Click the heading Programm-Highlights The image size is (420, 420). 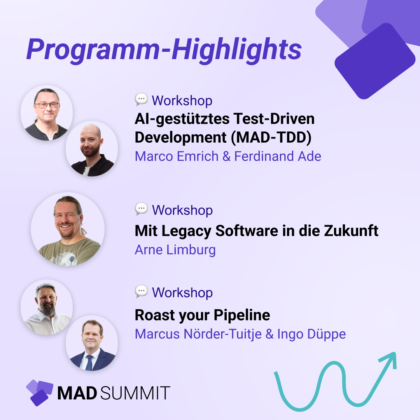(x=164, y=49)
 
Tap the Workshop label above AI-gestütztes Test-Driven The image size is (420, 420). (x=182, y=100)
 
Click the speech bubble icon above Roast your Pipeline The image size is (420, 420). (x=141, y=291)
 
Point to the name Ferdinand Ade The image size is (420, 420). (x=278, y=156)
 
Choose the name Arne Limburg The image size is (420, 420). (x=175, y=249)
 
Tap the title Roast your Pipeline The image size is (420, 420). (x=202, y=315)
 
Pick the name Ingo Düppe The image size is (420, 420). (x=311, y=334)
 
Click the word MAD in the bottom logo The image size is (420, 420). (x=77, y=393)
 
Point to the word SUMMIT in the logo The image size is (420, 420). (x=135, y=393)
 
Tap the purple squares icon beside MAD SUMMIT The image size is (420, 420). (x=39, y=392)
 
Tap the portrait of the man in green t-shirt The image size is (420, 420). (x=68, y=229)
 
